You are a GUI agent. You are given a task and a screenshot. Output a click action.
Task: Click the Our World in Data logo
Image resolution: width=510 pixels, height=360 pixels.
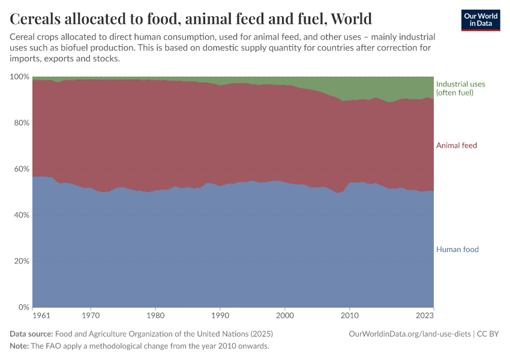(481, 20)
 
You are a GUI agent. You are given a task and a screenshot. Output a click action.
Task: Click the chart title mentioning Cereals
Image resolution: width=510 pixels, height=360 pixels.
(191, 19)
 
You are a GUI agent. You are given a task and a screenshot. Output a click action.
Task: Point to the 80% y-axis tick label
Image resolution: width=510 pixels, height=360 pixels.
(22, 123)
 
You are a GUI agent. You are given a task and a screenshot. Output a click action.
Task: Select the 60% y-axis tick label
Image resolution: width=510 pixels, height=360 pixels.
(22, 169)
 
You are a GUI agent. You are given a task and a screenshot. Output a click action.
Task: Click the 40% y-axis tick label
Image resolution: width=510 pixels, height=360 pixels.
(22, 215)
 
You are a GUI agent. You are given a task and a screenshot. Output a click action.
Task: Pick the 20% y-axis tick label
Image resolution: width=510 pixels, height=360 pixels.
(22, 261)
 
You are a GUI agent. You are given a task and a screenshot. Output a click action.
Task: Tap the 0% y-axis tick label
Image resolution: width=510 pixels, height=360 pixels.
(24, 307)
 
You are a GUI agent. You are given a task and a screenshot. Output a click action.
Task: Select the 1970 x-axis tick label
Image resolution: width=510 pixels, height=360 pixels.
(91, 314)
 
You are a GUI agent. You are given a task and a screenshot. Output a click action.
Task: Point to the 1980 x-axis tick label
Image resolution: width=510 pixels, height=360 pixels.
(155, 314)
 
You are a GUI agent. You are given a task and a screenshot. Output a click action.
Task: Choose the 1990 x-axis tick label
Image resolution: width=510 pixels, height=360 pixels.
(220, 314)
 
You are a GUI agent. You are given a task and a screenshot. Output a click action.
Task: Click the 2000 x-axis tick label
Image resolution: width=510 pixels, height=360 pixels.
(285, 314)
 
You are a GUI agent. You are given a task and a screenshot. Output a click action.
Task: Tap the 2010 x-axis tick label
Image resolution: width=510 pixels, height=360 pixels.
(350, 314)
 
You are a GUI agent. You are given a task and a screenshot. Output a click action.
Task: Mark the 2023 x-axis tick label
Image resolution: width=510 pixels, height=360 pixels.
(425, 314)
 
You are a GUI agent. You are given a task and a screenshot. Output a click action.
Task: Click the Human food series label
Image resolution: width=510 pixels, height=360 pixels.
(457, 250)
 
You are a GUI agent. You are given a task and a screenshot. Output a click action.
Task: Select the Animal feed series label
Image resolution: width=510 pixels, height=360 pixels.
(456, 146)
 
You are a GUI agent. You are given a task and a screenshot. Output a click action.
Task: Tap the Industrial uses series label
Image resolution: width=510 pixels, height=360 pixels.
(460, 88)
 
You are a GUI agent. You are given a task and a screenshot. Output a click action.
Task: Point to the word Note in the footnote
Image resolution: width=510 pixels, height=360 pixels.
(19, 346)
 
